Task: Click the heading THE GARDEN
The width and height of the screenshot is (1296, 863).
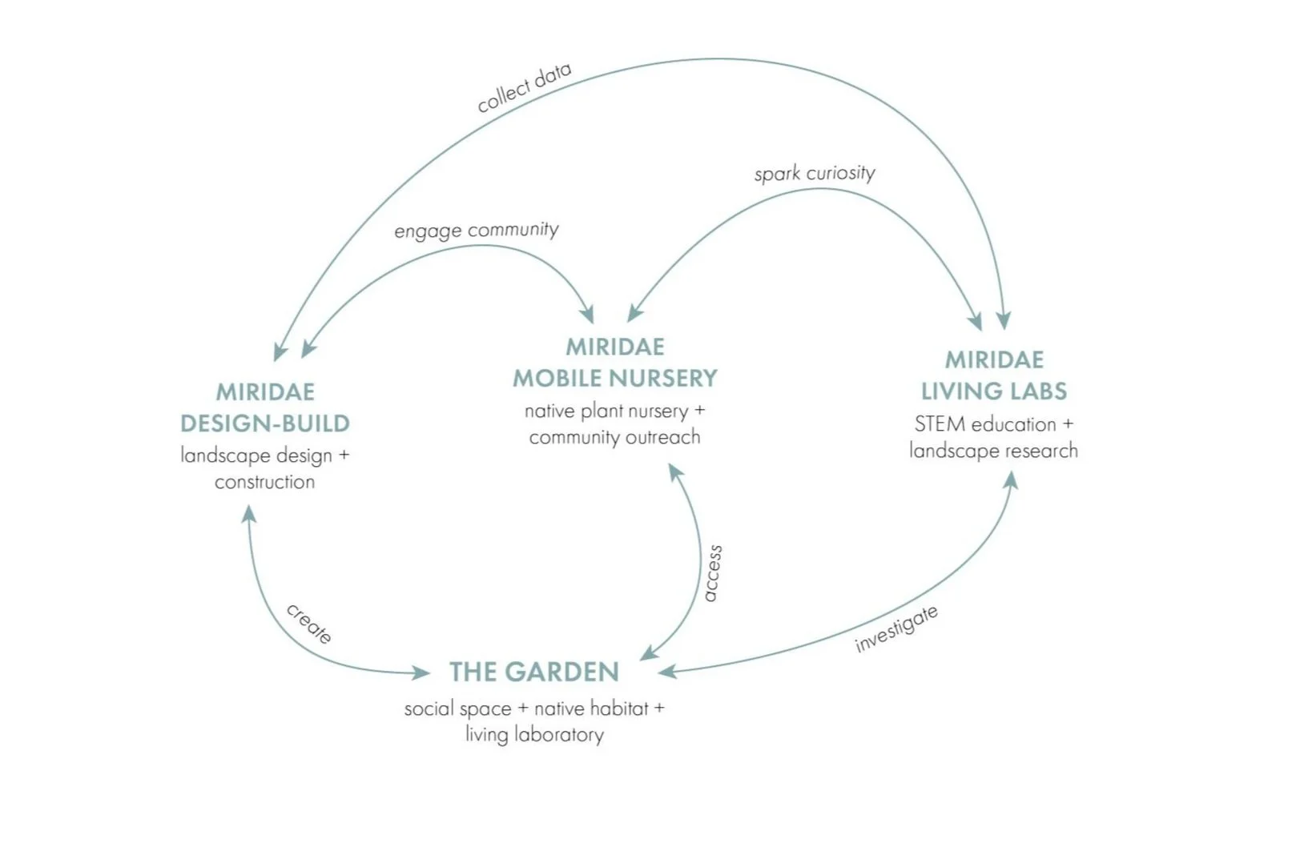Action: tap(534, 672)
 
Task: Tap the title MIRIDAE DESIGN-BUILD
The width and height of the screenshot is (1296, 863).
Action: tap(265, 407)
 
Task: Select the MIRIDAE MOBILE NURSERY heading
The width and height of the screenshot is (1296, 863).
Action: tap(615, 363)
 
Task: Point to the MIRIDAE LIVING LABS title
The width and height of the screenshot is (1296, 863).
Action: tap(994, 375)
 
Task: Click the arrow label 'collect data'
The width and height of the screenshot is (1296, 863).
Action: tap(524, 87)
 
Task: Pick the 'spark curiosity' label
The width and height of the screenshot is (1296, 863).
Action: tap(815, 173)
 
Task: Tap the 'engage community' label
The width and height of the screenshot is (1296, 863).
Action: tap(477, 231)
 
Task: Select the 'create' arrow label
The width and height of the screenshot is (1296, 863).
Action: tap(309, 624)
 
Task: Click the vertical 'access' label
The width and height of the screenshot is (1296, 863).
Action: tap(712, 573)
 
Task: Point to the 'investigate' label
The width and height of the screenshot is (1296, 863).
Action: tap(896, 628)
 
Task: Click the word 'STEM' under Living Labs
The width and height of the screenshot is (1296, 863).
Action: tap(940, 423)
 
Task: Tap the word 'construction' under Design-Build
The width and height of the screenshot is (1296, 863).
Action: tap(265, 482)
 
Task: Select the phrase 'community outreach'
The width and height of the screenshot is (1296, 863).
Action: tap(614, 437)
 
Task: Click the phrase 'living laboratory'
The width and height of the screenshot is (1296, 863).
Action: tap(534, 734)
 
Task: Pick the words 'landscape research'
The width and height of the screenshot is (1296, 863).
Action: tap(993, 451)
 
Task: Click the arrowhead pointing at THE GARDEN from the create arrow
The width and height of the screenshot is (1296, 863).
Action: tap(421, 672)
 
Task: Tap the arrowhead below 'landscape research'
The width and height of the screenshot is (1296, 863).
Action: tap(1011, 480)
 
